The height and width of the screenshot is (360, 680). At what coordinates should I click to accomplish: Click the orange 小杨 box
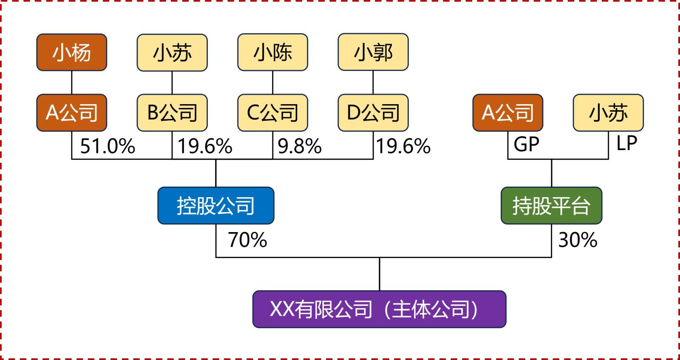(x=71, y=52)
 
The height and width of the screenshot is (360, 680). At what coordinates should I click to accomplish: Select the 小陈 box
(x=272, y=52)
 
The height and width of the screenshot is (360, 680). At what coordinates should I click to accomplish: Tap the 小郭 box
(x=373, y=52)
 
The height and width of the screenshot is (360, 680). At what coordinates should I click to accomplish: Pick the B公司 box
(x=172, y=113)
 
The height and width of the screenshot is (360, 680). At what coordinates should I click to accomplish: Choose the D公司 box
(x=373, y=113)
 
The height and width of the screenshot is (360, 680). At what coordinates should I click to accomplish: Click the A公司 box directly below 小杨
(x=71, y=113)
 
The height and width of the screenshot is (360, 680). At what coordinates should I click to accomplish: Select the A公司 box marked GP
(x=507, y=113)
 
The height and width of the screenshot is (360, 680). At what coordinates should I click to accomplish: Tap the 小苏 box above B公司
(x=172, y=52)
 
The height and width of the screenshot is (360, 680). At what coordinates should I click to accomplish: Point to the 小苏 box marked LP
(x=608, y=113)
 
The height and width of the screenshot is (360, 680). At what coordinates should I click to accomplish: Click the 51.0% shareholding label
(x=108, y=147)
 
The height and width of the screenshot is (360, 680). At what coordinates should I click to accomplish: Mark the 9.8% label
(x=300, y=147)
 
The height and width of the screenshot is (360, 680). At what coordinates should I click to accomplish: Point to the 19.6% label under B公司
(x=205, y=147)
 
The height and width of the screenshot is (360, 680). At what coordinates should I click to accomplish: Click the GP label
(x=526, y=145)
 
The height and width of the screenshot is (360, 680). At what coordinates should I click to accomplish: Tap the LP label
(x=627, y=144)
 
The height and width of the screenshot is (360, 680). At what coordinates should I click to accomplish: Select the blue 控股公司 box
(x=216, y=206)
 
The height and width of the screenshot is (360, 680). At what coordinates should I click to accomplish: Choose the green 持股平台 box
(x=551, y=206)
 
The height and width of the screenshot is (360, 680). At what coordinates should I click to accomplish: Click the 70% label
(x=247, y=240)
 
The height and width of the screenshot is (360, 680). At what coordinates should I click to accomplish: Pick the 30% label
(x=578, y=240)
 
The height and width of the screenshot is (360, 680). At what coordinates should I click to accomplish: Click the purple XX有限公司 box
(x=379, y=309)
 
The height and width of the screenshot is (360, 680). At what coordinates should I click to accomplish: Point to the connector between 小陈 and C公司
(x=272, y=82)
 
